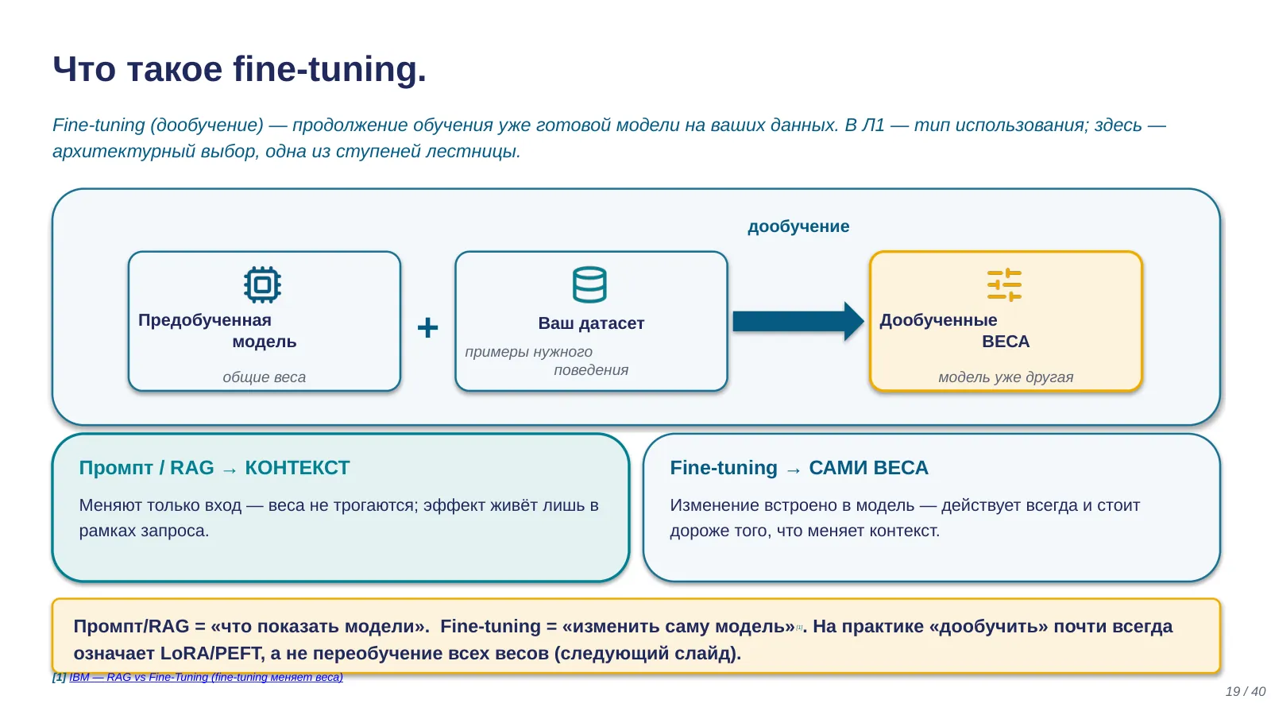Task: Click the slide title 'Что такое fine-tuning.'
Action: (x=239, y=69)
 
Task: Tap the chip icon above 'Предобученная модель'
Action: (x=262, y=284)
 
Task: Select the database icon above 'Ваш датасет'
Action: (x=589, y=284)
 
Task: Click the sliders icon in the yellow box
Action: (x=1004, y=284)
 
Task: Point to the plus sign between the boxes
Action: (x=427, y=327)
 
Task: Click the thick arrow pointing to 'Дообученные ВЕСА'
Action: (x=798, y=321)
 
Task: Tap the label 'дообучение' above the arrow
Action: (x=798, y=226)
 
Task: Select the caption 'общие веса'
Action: (x=264, y=377)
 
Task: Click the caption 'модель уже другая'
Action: (x=1006, y=377)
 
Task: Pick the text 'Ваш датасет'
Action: (x=591, y=323)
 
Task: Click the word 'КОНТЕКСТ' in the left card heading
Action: (x=297, y=468)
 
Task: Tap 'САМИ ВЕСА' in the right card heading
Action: (x=868, y=468)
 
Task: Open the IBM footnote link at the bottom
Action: (x=206, y=677)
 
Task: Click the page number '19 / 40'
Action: (x=1246, y=691)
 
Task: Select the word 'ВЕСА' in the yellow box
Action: (x=1006, y=342)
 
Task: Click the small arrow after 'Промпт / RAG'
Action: (x=230, y=470)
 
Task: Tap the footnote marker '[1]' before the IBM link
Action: (x=59, y=677)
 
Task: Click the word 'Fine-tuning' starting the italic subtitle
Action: (x=99, y=125)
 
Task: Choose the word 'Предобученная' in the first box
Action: (x=205, y=321)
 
